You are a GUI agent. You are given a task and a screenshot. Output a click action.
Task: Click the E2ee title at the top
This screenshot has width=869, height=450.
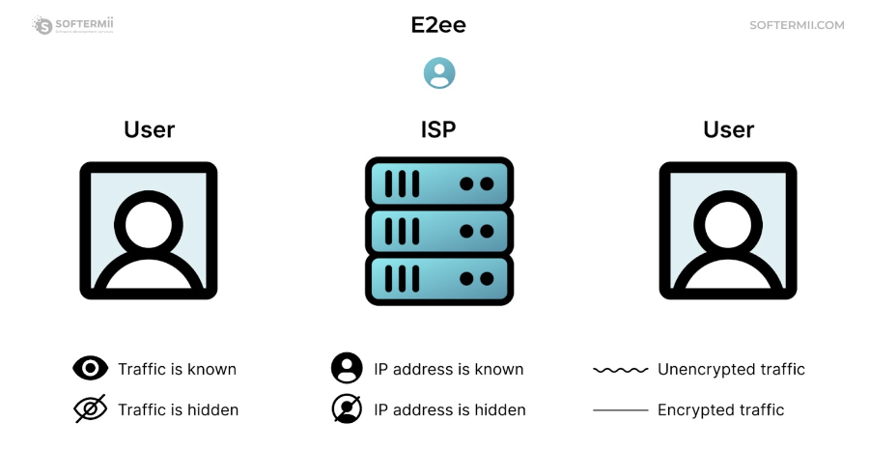[438, 25]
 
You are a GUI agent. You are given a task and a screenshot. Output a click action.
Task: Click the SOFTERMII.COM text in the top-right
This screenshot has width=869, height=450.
[797, 25]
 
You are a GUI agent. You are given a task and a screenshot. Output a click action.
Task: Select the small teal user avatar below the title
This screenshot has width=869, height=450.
[439, 73]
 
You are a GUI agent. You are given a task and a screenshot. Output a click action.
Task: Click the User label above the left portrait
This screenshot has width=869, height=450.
[150, 129]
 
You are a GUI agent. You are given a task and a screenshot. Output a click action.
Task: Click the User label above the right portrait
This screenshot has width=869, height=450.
[728, 129]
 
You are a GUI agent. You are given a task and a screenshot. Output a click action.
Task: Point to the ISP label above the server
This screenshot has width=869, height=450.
[438, 129]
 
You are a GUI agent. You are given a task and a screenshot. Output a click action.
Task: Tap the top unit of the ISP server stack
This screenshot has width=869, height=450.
[439, 183]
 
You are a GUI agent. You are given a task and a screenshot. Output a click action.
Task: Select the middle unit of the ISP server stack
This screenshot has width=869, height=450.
[439, 231]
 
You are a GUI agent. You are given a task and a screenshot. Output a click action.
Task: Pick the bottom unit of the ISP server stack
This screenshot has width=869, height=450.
[439, 279]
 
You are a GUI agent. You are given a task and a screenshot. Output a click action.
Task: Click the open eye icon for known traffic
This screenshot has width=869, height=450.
[91, 368]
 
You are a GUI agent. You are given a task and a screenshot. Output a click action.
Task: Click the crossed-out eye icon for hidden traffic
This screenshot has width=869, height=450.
[91, 409]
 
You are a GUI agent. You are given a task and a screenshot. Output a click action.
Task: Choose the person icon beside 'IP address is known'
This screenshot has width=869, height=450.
[347, 368]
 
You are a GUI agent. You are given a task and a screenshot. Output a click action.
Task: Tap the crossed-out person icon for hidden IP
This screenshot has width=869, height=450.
[347, 409]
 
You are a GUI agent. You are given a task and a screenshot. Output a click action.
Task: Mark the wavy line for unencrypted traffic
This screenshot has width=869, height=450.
[620, 369]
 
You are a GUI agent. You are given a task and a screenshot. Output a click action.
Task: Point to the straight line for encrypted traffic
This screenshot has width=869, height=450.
[620, 410]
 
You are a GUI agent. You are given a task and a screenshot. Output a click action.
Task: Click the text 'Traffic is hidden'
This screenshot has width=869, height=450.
[178, 409]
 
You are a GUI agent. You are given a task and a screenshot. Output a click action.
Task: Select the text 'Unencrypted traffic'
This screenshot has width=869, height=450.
[731, 369]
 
